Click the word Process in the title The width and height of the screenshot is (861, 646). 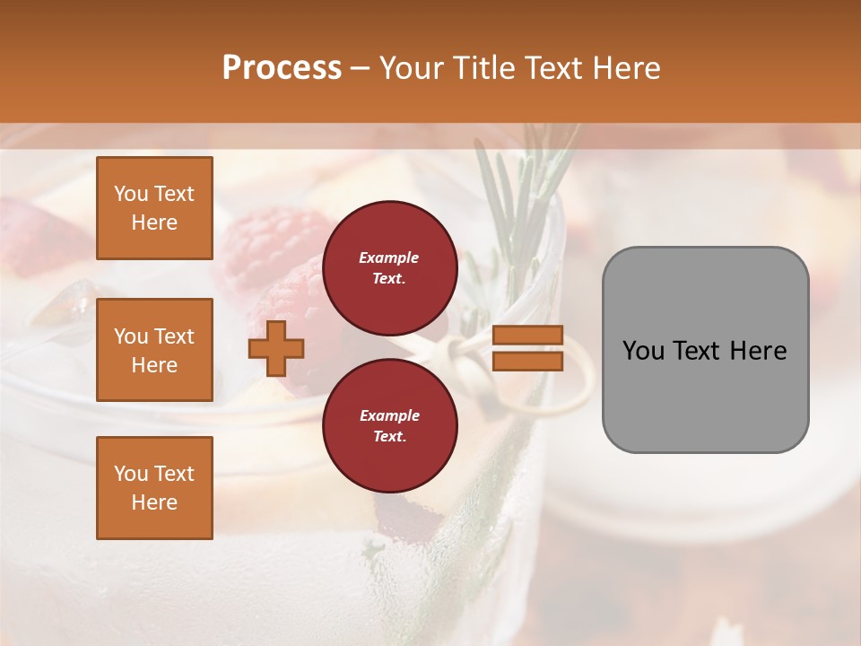(x=282, y=68)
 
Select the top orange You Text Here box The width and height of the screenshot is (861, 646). (x=154, y=208)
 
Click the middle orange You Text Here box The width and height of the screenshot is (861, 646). (x=154, y=350)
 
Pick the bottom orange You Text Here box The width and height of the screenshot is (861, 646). (x=154, y=487)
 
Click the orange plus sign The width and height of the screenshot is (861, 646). (x=276, y=348)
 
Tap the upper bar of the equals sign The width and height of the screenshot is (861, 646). (x=528, y=335)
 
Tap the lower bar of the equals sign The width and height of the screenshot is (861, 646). (x=528, y=362)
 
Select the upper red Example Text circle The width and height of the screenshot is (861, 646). (x=389, y=267)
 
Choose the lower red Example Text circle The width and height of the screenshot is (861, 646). (x=389, y=425)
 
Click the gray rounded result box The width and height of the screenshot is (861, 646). (x=705, y=349)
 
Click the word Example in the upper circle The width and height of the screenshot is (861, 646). (x=389, y=258)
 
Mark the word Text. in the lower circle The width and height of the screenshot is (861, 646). (x=389, y=437)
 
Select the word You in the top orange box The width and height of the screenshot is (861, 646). (x=131, y=194)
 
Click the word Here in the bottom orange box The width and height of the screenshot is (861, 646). (x=154, y=502)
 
